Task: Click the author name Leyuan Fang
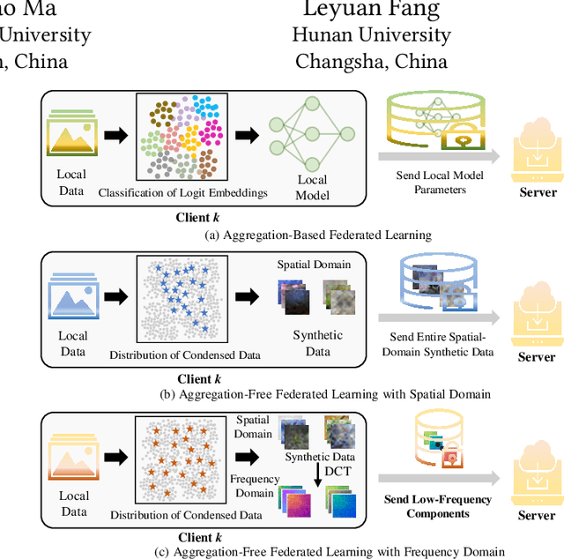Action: (370, 10)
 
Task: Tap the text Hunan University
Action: (371, 36)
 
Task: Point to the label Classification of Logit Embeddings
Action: (182, 192)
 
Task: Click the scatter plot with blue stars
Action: (182, 298)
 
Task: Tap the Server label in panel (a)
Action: (537, 192)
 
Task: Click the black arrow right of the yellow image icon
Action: (116, 135)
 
